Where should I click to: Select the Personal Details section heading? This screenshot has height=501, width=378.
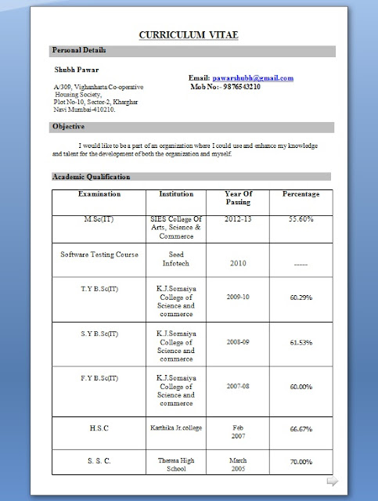click(x=79, y=51)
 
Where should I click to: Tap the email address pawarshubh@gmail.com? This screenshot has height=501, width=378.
click(x=253, y=78)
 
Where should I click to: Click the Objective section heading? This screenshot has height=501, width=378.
click(x=68, y=127)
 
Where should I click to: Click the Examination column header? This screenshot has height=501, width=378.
click(x=99, y=193)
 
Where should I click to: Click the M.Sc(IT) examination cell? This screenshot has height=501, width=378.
click(x=99, y=220)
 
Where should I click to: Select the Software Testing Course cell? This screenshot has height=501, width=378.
click(x=99, y=254)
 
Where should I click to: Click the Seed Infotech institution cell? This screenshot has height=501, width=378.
click(x=175, y=259)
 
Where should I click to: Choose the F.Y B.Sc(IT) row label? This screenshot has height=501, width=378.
click(x=99, y=378)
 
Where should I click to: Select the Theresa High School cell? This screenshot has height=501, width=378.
click(x=175, y=465)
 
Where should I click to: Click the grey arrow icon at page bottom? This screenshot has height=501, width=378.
click(x=332, y=481)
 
